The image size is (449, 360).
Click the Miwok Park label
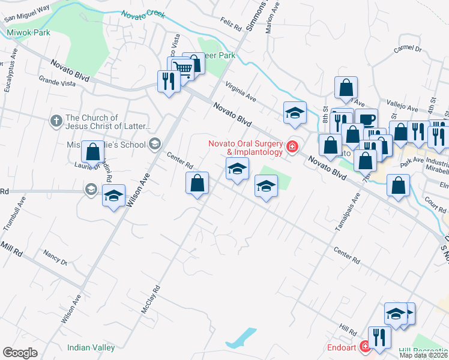tap(28, 32)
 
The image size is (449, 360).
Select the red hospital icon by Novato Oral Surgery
tap(292, 147)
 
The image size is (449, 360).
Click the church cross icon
tap(56, 121)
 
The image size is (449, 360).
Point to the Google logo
tap(20, 353)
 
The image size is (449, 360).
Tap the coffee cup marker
tap(366, 119)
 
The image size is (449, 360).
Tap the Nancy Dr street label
tap(55, 257)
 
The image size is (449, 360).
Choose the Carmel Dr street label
tap(408, 49)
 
